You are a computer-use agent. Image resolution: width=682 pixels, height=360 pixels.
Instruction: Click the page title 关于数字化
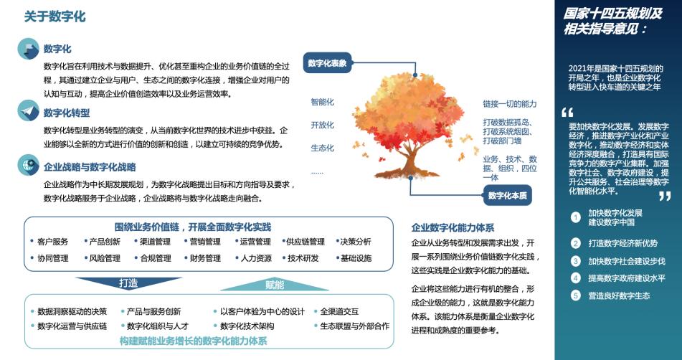55,16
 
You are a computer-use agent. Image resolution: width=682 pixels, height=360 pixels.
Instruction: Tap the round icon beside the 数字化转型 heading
28,111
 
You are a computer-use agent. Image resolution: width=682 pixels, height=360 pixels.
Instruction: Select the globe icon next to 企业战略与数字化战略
28,165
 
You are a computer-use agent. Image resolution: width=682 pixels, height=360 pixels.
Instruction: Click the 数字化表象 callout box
327,63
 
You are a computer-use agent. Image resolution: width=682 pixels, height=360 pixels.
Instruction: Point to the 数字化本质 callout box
507,196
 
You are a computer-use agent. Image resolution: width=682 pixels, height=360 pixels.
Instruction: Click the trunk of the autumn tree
409,161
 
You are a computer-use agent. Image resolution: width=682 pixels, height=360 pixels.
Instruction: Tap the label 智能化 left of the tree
322,102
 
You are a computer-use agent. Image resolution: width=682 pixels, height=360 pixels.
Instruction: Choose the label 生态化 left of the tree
322,148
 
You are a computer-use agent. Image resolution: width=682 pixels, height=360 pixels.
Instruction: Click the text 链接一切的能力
510,104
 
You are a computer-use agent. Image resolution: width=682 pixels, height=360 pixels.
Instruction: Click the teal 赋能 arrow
275,285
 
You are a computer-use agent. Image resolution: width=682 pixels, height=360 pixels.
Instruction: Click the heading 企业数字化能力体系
453,227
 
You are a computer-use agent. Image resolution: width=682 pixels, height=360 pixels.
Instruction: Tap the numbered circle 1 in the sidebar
575,217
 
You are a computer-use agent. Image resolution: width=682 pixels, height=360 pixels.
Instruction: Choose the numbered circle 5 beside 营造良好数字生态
575,295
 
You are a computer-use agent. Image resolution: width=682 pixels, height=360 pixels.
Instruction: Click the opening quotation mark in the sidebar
567,113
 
